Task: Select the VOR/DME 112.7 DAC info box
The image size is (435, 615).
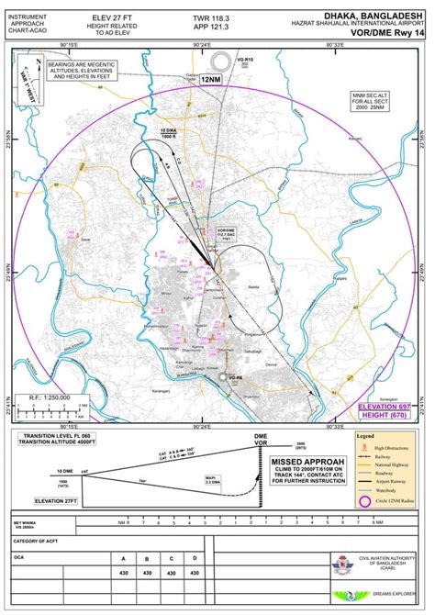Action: [228, 232]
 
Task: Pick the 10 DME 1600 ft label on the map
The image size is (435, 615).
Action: [168, 135]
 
